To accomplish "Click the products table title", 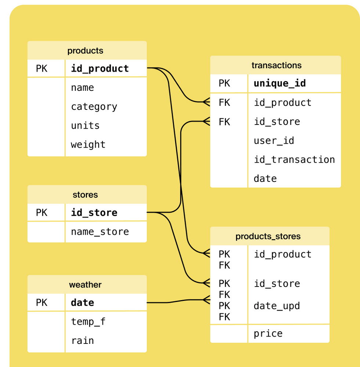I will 85,51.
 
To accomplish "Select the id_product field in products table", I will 100,69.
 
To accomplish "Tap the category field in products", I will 94,107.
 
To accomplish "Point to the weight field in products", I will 88,144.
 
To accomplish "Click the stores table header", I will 85,195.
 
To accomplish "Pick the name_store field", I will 100,232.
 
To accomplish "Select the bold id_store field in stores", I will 94,213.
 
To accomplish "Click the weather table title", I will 85,285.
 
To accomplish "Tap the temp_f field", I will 88,322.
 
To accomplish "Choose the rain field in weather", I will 83,341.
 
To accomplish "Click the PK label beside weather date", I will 41,303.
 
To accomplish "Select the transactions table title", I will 276,65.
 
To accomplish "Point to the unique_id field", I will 280,83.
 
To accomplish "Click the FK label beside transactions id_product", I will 224,103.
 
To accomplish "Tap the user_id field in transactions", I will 274,141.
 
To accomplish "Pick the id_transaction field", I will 294,160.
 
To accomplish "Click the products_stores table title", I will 268,236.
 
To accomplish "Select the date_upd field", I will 277,306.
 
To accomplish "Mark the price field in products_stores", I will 268,334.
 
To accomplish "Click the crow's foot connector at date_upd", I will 206,300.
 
